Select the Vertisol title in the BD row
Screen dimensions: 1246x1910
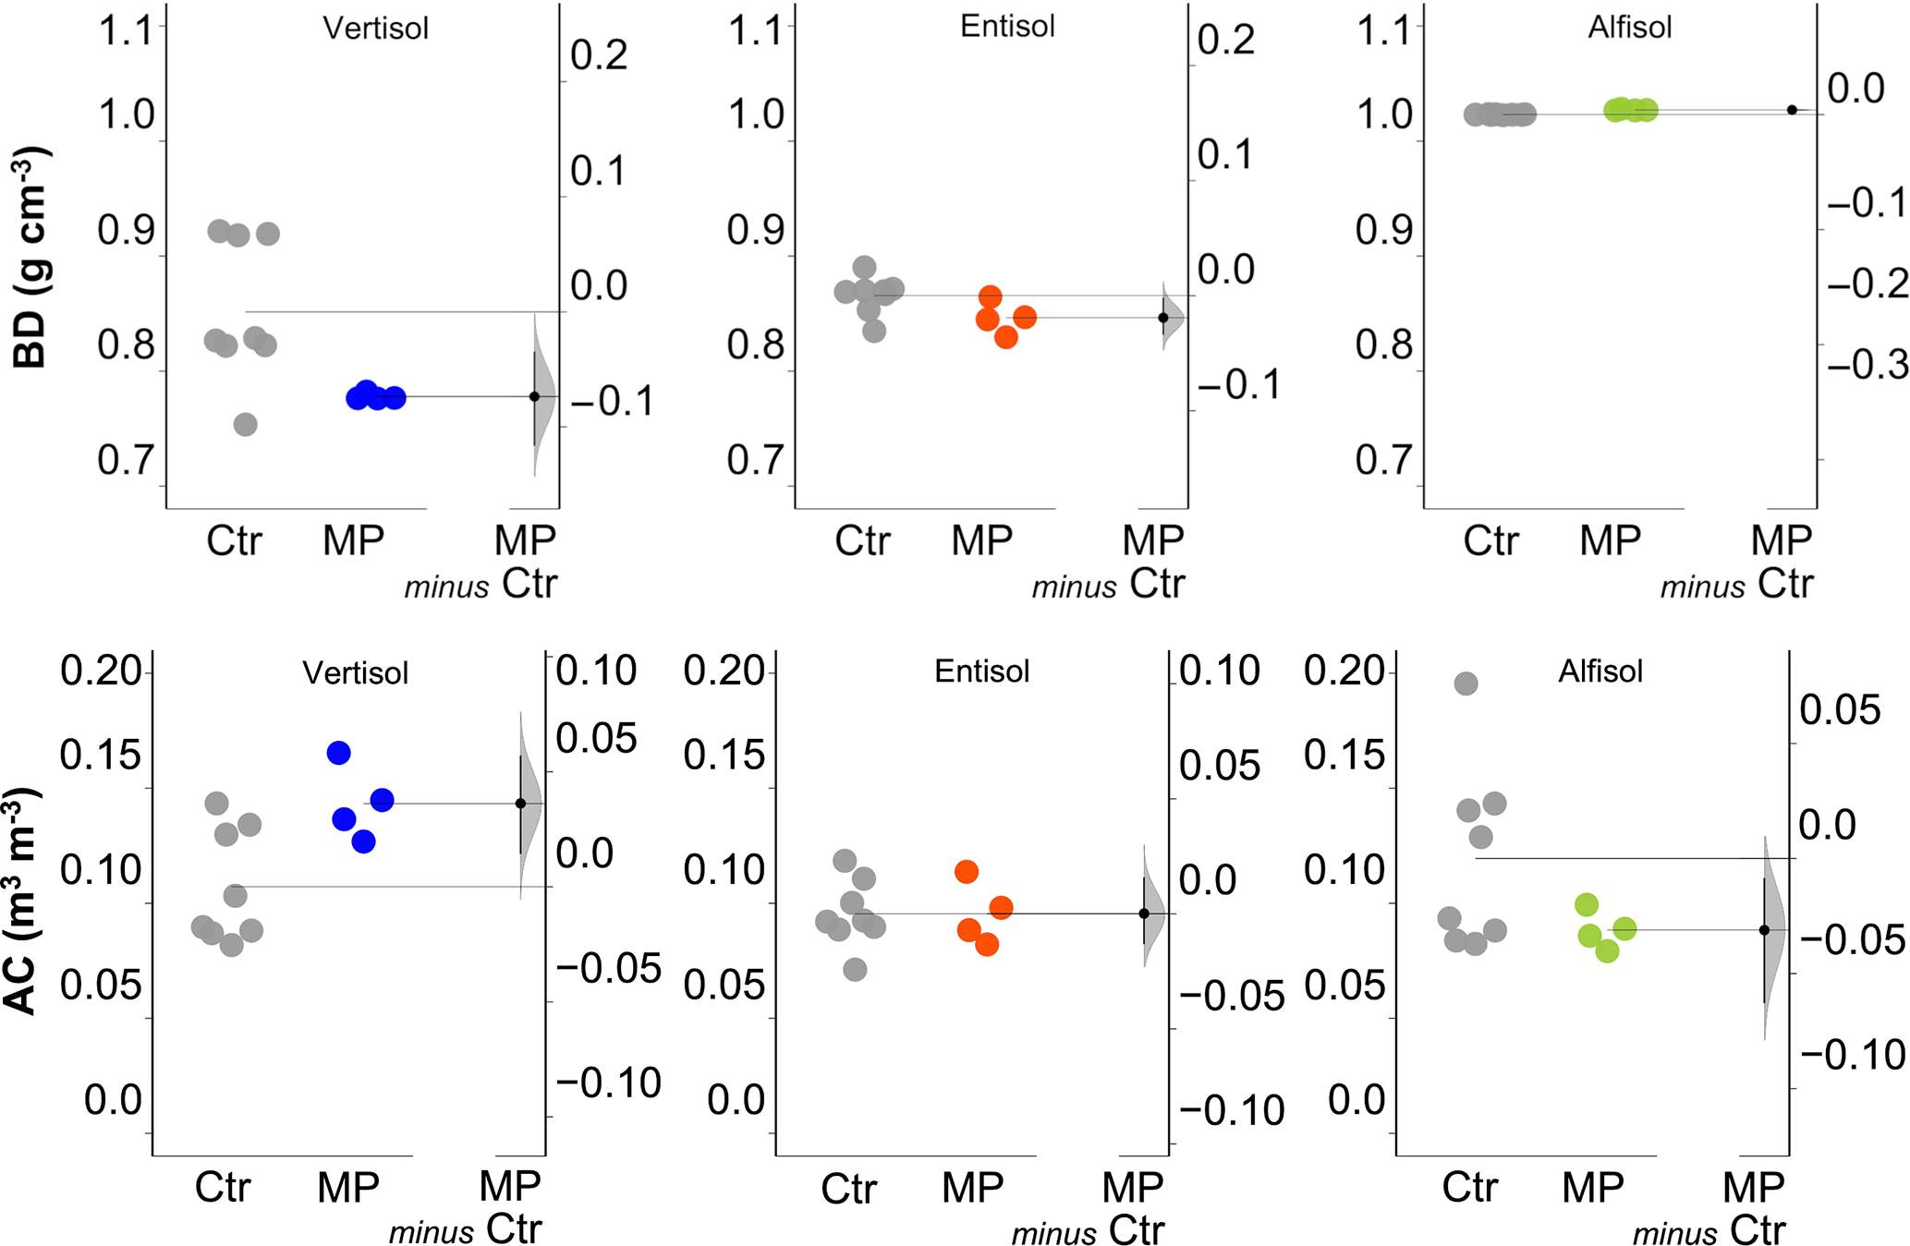click(375, 29)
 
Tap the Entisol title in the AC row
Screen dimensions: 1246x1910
click(981, 671)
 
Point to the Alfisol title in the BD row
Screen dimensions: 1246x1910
click(1630, 28)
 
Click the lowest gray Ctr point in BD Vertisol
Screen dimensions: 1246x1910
click(245, 425)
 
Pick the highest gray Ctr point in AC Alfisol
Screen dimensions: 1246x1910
click(1466, 683)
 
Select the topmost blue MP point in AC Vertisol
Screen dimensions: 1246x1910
click(339, 753)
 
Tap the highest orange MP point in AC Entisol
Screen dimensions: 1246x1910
click(967, 871)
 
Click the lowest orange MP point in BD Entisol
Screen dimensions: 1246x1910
click(1006, 337)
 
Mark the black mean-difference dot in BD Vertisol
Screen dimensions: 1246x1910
click(534, 396)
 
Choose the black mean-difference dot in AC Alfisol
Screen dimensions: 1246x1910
click(1764, 930)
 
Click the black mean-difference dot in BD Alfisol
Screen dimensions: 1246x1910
click(1792, 110)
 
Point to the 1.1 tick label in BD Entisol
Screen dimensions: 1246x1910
click(756, 30)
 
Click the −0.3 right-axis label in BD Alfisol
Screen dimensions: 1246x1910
click(1867, 366)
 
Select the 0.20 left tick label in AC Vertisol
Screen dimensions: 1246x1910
click(101, 671)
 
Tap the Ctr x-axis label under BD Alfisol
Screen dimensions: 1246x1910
click(1490, 540)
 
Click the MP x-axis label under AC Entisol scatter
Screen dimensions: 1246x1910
click(972, 1188)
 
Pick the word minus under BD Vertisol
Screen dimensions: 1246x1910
click(446, 587)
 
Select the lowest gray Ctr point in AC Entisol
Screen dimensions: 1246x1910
click(855, 969)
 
